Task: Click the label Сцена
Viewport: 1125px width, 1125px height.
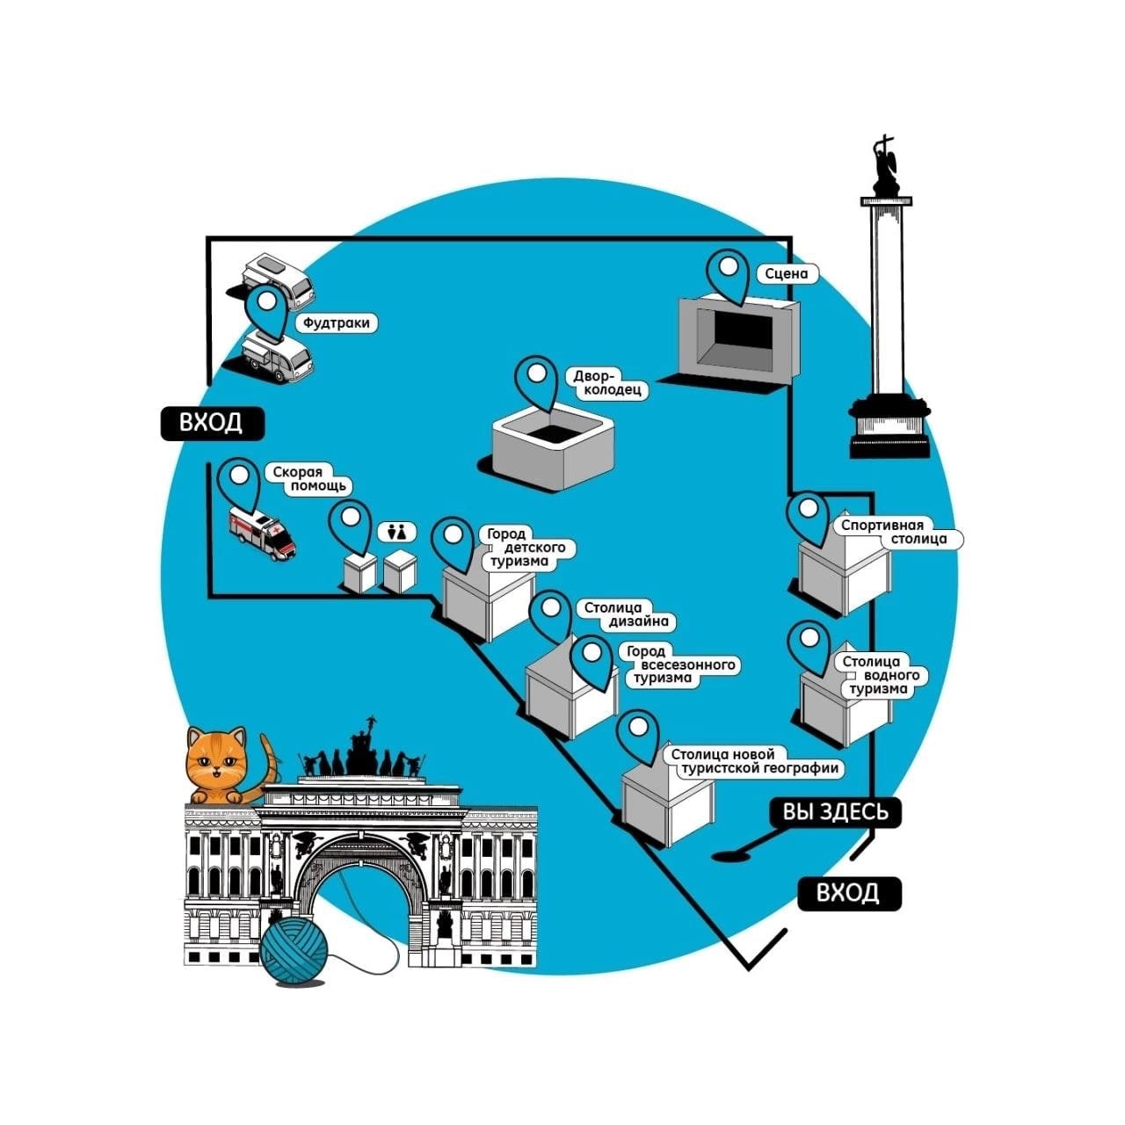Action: tap(786, 274)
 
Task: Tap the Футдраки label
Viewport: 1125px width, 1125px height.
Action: tap(336, 323)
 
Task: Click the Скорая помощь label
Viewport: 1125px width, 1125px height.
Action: tap(308, 479)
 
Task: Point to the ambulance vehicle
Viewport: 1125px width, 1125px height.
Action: tap(262, 532)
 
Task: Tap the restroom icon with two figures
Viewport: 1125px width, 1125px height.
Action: tap(396, 532)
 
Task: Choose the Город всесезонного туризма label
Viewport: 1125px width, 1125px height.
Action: tap(680, 664)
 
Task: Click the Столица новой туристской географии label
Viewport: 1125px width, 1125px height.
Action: tap(753, 761)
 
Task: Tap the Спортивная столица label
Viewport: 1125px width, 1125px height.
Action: tap(895, 533)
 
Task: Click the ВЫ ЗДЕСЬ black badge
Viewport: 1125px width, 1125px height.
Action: tap(836, 812)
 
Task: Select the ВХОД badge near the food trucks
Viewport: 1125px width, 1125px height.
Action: tap(211, 423)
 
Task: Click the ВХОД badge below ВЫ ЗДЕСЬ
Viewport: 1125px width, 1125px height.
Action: tap(848, 893)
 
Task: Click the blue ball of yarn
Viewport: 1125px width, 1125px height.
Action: tap(294, 952)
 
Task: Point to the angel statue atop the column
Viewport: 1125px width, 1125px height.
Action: tap(886, 167)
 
